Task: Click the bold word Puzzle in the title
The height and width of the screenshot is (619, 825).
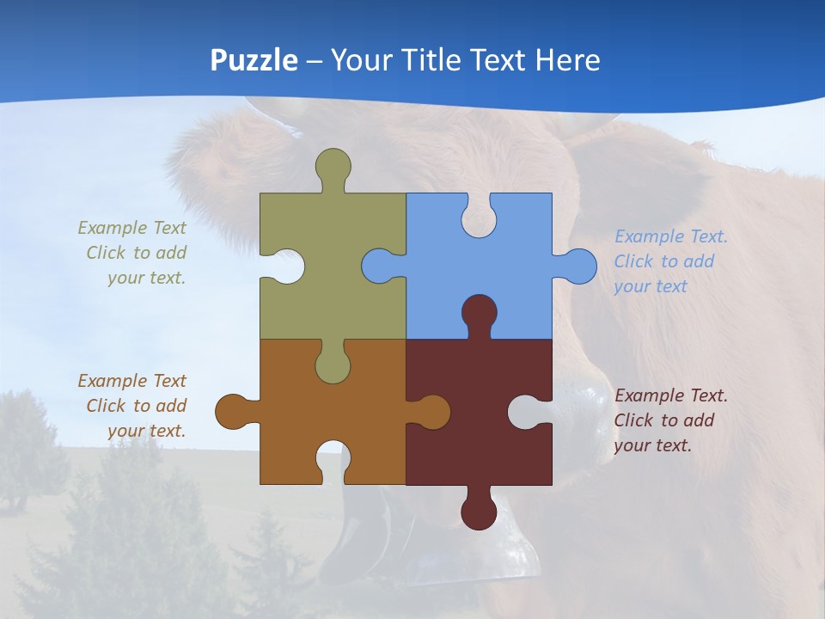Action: (x=254, y=60)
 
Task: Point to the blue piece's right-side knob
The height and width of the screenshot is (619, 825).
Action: (x=577, y=267)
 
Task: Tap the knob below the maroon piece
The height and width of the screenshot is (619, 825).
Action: (x=479, y=512)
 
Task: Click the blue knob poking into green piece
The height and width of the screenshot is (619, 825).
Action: (x=380, y=267)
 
